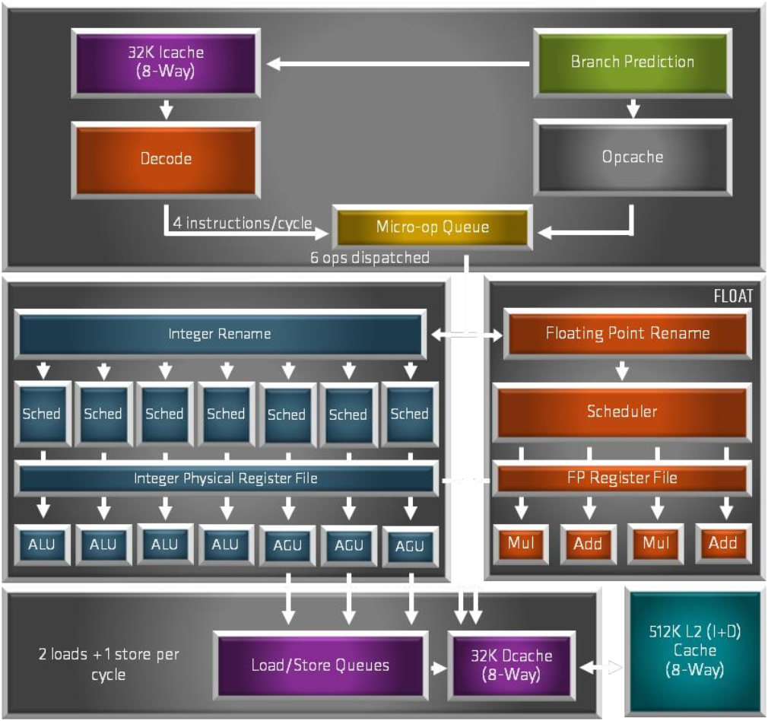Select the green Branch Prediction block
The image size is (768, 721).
point(632,62)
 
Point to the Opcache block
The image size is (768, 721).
point(632,157)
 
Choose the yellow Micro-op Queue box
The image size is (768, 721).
point(431,227)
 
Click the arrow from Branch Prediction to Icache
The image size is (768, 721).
point(398,65)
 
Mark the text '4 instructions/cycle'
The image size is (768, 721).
point(243,224)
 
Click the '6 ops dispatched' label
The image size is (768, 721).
point(370,258)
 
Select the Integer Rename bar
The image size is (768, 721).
point(219,334)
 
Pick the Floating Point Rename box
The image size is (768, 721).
point(627,333)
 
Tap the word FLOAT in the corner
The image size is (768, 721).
point(733,297)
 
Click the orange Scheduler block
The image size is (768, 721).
point(621,411)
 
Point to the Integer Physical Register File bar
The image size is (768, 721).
point(225,478)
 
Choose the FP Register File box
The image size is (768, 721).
point(621,478)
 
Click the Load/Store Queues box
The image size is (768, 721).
point(320,665)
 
